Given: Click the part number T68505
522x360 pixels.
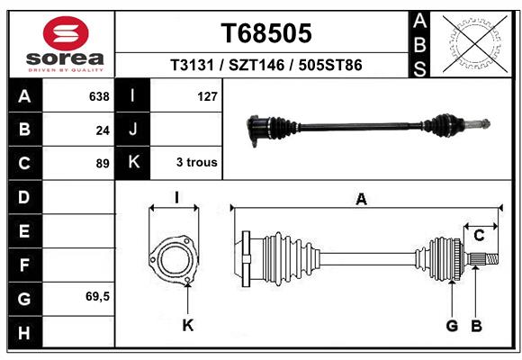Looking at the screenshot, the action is (266, 33).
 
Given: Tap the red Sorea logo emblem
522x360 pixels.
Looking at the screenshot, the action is (66, 33).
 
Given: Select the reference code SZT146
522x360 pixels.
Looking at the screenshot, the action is (256, 65).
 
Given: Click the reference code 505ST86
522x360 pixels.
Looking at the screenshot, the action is (330, 65).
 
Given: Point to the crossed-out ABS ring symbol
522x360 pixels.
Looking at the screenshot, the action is (475, 44).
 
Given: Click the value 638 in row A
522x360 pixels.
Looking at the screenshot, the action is (99, 96).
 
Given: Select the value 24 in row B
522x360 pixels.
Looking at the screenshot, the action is (103, 130).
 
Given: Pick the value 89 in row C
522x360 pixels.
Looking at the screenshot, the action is (103, 164).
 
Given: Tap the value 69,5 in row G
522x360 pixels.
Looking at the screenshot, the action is (97, 296).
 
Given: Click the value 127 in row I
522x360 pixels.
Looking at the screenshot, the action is (207, 96).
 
